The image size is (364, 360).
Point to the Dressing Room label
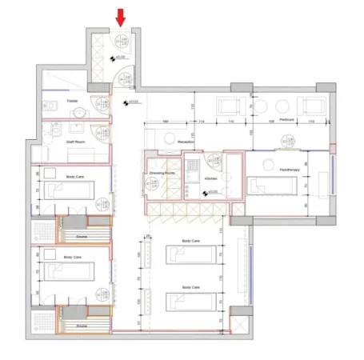(x=160, y=172)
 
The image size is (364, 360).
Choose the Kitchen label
(x=210, y=178)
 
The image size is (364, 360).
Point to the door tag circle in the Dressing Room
(x=150, y=183)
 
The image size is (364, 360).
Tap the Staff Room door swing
(x=99, y=138)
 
